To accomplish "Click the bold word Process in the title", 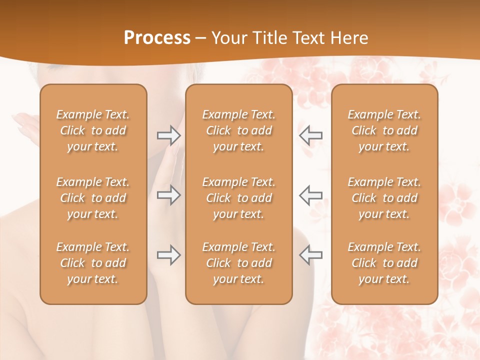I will click(x=157, y=38).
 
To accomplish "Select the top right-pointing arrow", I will click(x=168, y=134).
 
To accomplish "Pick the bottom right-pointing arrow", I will click(x=168, y=255).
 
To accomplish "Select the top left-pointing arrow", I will click(x=311, y=134).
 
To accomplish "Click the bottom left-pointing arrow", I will click(x=311, y=255).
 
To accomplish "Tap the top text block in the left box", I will click(x=93, y=130).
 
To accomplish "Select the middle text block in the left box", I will click(x=93, y=198).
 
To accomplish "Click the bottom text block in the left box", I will click(x=93, y=263).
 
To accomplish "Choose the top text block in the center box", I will click(x=239, y=130).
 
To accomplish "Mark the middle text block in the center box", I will click(x=239, y=198).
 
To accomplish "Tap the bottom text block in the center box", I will click(x=239, y=263).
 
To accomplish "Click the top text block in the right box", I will click(x=384, y=130).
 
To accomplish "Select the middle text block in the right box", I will click(x=384, y=198).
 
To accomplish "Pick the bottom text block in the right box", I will click(x=384, y=263).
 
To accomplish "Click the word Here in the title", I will click(x=349, y=38).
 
